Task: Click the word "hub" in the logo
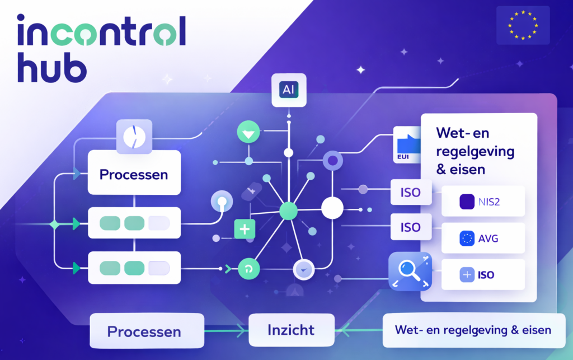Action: coord(51,68)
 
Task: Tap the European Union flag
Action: coord(523,26)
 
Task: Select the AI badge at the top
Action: coord(289,90)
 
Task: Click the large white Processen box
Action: coord(134,174)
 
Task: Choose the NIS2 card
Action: coord(483,201)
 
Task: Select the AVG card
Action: coord(483,239)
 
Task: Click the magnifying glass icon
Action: coord(410,272)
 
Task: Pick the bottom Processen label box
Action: coord(144,331)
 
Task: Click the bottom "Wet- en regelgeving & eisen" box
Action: coord(473,330)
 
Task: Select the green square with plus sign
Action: coord(245,228)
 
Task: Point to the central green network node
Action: coord(288,211)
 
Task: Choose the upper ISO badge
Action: coord(411,194)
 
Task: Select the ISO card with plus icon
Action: coord(483,275)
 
